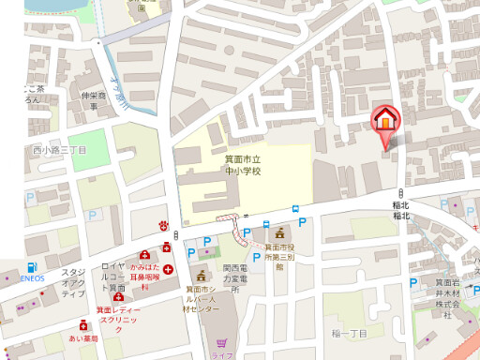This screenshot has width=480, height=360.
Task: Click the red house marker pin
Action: [385, 121]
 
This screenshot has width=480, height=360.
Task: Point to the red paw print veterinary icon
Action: [164, 226]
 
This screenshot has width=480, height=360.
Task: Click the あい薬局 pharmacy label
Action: [83, 337]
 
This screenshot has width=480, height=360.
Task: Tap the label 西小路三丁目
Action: [59, 149]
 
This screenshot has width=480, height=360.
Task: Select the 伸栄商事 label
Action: [93, 100]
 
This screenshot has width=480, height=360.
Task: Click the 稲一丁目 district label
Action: [349, 333]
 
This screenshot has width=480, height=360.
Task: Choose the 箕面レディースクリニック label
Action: [118, 315]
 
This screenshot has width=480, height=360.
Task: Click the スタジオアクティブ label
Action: [73, 282]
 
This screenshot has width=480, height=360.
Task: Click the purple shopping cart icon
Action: [221, 342]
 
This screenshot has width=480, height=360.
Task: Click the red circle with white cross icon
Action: [168, 271]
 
